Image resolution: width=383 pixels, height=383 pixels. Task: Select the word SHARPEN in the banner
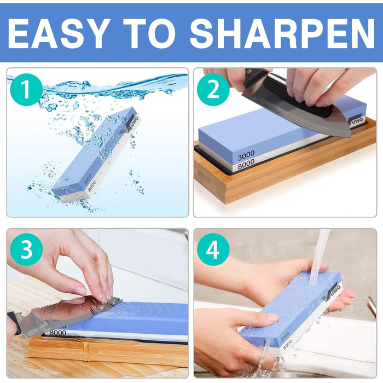coord(282,33)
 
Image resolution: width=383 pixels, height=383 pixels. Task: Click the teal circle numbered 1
coord(26,89)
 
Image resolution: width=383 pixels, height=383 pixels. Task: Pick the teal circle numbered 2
coord(213,89)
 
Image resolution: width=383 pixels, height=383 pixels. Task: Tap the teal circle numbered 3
coord(26,249)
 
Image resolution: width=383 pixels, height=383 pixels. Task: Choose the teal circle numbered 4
coord(213,249)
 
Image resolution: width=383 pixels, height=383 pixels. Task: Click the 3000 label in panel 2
coord(246,155)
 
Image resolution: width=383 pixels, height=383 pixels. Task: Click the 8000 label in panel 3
coord(57,333)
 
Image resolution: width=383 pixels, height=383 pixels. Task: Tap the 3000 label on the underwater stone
coord(88,179)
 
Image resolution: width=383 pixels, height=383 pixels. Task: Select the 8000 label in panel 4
coord(287,344)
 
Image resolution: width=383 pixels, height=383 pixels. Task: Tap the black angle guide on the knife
coord(299,98)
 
